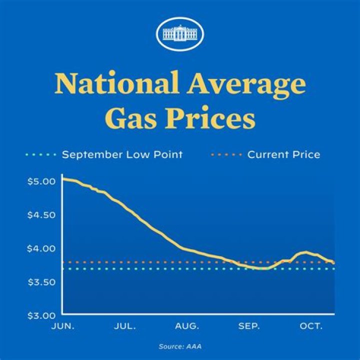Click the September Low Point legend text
pos(122,154)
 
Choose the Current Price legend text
pos(284,154)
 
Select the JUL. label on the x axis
pos(124,326)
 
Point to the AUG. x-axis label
pos(186,326)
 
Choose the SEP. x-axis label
pos(248,326)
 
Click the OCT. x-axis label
pos(311,326)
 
